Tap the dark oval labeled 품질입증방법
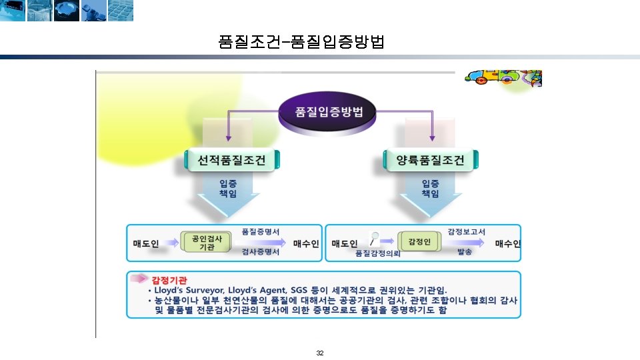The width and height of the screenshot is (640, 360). click(330, 111)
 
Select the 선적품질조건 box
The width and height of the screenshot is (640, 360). click(232, 160)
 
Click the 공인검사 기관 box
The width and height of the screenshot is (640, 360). click(207, 242)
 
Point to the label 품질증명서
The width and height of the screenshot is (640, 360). click(260, 231)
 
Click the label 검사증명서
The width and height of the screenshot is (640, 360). click(260, 253)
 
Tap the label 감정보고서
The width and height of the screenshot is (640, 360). click(466, 231)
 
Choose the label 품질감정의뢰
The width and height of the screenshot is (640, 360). click(378, 254)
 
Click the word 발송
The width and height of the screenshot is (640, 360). click(465, 253)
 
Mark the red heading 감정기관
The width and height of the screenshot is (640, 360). click(169, 279)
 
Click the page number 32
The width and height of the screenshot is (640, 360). click(320, 353)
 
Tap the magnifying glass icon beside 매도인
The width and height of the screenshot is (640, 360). click(375, 237)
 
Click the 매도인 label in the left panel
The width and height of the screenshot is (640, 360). click(146, 243)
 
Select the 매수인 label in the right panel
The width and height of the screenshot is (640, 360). click(507, 243)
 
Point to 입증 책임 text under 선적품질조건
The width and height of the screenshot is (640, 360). click(228, 188)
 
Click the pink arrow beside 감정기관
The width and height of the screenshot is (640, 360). click(139, 278)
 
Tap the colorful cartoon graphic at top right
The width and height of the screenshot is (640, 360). click(503, 77)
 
